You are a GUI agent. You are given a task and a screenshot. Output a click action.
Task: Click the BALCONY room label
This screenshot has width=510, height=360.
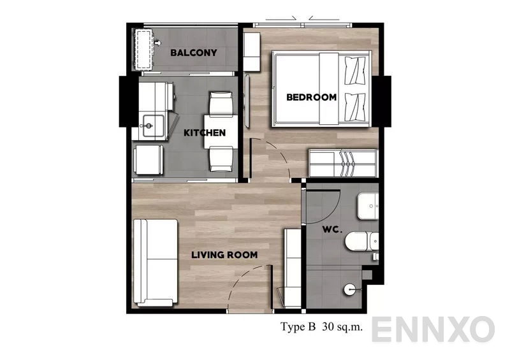click(194, 53)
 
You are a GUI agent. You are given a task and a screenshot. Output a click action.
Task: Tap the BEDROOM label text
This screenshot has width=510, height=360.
click(311, 97)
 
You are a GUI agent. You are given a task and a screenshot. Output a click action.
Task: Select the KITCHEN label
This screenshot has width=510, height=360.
click(205, 133)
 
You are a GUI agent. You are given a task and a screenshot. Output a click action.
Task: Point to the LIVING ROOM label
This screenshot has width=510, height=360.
click(224, 255)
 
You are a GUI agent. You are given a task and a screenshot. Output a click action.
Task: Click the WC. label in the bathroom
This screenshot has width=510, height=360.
click(332, 229)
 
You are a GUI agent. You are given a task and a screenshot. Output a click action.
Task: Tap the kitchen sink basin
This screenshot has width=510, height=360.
click(153, 126)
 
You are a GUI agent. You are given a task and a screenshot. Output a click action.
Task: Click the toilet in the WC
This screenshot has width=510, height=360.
click(361, 241)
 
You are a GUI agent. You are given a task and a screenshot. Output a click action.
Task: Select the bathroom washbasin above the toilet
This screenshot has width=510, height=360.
click(368, 206)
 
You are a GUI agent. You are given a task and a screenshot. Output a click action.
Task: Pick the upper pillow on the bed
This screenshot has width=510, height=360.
click(355, 71)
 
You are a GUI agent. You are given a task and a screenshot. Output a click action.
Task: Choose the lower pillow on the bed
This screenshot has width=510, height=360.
click(355, 107)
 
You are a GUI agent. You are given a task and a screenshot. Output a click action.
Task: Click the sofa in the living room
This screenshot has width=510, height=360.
click(156, 263)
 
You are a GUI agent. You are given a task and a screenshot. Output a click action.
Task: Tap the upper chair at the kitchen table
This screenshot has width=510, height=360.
click(221, 103)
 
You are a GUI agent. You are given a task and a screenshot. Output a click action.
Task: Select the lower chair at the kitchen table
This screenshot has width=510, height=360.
click(221, 159)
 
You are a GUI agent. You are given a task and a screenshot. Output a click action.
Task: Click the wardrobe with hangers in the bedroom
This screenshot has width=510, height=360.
click(343, 163)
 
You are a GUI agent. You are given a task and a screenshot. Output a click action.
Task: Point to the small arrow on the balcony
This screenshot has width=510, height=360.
click(157, 43)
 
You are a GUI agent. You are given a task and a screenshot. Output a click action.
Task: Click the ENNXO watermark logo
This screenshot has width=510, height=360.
click(433, 329)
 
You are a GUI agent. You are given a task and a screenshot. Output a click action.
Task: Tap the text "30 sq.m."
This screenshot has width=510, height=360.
click(342, 326)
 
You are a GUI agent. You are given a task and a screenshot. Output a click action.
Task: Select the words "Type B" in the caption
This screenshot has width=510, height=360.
click(298, 326)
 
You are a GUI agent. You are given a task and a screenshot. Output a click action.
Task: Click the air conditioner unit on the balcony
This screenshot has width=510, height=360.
click(143, 49)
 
